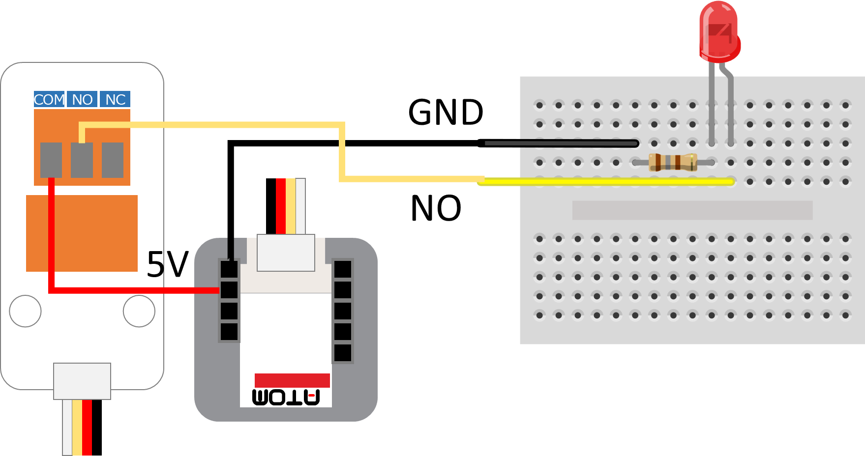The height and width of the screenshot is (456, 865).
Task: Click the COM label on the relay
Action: pos(49,99)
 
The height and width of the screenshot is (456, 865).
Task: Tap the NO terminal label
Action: pos(82,99)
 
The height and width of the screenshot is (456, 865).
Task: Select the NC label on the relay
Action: pos(116,99)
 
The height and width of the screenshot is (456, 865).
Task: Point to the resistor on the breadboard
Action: pos(673,162)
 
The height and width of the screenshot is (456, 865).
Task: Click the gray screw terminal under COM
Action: pos(51,160)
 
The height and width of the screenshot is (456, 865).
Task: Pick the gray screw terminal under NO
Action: pos(82,160)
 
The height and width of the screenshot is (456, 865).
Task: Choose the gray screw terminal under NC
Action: pos(113,160)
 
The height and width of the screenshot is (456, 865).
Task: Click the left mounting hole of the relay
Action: pos(25,311)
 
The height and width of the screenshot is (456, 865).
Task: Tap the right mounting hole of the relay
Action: pos(139,311)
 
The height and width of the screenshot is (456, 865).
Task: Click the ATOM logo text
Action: pos(286,397)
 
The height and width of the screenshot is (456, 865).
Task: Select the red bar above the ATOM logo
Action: pos(292,380)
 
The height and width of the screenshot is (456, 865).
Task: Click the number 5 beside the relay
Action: pos(155,264)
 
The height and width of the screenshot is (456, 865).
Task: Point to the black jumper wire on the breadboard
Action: pos(561,143)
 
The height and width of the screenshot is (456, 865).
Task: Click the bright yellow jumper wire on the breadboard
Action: pos(605,182)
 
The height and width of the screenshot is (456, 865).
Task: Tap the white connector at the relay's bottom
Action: pos(82,381)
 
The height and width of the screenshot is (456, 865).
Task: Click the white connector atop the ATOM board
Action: pos(286,253)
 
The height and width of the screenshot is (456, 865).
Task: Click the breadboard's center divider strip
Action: pos(692,210)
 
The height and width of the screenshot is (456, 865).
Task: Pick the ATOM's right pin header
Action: pos(343,311)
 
